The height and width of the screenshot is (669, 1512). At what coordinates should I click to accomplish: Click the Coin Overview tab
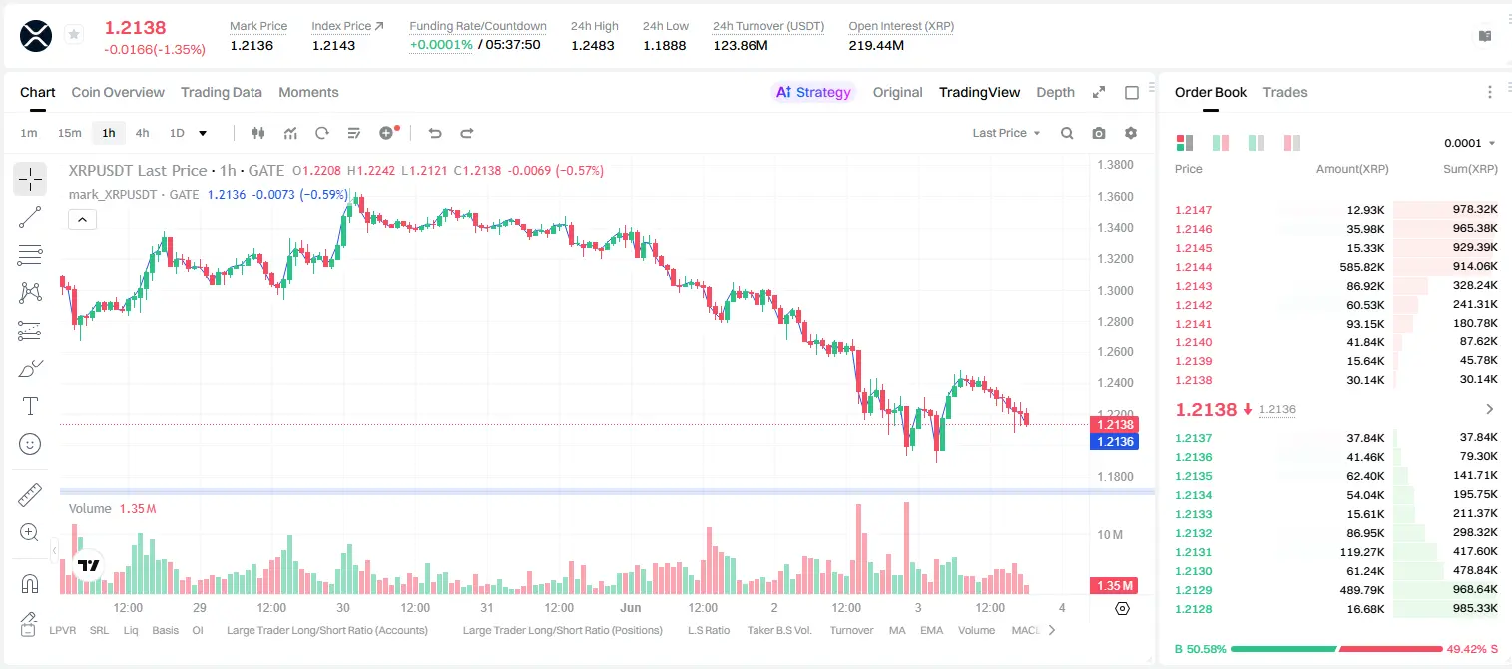tap(118, 92)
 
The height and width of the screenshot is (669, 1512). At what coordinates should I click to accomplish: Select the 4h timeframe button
tap(142, 133)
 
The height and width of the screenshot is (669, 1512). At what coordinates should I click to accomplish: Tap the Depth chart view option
tap(1055, 92)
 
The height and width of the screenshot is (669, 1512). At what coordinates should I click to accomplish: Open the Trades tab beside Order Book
tap(1285, 92)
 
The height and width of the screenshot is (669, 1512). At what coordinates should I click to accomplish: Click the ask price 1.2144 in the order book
tap(1193, 267)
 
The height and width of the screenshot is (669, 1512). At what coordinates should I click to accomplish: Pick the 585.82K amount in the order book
tap(1362, 267)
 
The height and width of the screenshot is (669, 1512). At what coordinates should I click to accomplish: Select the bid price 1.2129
tap(1193, 590)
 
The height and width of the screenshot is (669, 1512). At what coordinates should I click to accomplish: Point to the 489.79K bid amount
tap(1362, 590)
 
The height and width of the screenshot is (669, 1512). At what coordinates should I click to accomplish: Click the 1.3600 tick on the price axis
tap(1115, 197)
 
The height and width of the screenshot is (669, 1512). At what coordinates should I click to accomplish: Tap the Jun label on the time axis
tap(631, 607)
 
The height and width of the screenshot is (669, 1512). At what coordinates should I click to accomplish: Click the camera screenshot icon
tap(1099, 133)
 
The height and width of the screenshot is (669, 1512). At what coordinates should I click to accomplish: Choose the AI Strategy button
tap(813, 92)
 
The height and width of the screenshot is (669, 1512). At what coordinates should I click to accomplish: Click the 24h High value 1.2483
tap(593, 45)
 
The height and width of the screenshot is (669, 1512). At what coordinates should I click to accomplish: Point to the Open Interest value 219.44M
tap(876, 45)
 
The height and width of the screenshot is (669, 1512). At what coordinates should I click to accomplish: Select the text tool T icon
tap(30, 406)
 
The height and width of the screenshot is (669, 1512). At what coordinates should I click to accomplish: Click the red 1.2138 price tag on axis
tap(1115, 424)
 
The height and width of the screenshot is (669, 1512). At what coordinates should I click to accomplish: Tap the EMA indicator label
tap(931, 630)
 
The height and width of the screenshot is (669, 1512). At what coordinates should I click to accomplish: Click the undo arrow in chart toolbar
tap(435, 133)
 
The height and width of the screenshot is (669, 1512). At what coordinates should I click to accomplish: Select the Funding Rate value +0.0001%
tap(441, 45)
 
